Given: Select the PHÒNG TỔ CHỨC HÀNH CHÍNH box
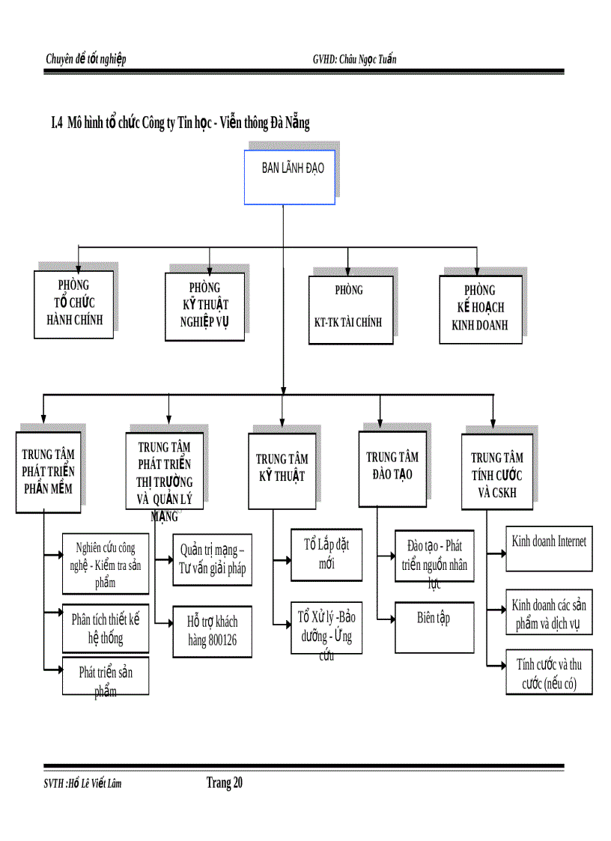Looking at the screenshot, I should (x=73, y=304).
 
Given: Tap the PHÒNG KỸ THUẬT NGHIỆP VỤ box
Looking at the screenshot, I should (x=204, y=306).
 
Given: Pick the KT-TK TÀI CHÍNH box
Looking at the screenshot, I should (x=350, y=309).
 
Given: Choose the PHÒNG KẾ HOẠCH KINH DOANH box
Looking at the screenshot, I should (x=480, y=309).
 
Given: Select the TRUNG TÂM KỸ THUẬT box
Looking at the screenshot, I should (x=282, y=470).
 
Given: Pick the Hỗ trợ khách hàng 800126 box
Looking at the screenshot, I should (x=212, y=631).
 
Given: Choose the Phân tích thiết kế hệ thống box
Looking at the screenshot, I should (x=106, y=628).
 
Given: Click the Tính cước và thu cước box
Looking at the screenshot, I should (x=549, y=673).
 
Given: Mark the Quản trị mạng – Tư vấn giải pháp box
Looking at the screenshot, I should (x=212, y=559).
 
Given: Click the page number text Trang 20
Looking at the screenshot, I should (x=224, y=783).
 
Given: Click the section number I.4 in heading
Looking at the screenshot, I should (x=55, y=124).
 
